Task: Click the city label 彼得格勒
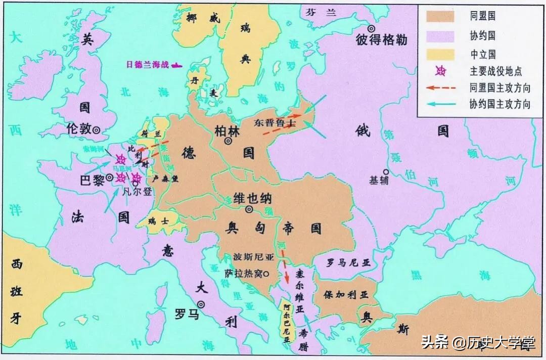click(381, 40)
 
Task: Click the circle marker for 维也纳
click(249, 209)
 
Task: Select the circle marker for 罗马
click(201, 304)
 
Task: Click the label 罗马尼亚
click(348, 263)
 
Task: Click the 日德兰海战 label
click(148, 65)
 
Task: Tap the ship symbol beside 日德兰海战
click(177, 65)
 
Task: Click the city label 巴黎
click(92, 179)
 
